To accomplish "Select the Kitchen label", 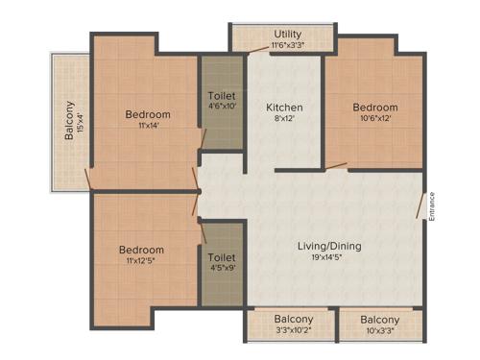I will [284, 107].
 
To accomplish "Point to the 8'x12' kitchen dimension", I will [284, 119].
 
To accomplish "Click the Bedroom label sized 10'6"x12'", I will [374, 107].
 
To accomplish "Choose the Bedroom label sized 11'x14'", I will [148, 114].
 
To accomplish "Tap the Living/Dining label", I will [329, 246].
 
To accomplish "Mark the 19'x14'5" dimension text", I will [329, 258].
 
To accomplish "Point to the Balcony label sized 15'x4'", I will [69, 121].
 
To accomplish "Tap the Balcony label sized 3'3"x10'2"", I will [294, 319].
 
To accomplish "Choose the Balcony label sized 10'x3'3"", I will [380, 319].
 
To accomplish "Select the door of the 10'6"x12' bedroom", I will [336, 167].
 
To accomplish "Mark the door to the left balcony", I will [88, 179].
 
